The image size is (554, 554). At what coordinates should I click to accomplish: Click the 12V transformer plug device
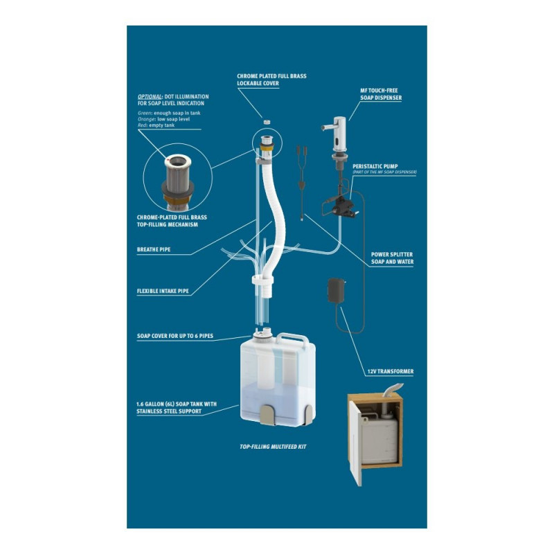pyautogui.click(x=336, y=290)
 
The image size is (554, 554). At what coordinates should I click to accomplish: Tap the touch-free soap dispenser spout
pyautogui.click(x=328, y=127)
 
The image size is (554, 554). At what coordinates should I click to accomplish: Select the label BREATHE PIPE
pyautogui.click(x=154, y=249)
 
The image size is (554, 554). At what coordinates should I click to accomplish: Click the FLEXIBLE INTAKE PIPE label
pyautogui.click(x=163, y=291)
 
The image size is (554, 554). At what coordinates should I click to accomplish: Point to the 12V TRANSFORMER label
pyautogui.click(x=391, y=371)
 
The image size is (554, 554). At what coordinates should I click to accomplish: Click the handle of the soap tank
pyautogui.click(x=292, y=338)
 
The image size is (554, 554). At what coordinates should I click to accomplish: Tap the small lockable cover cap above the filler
pyautogui.click(x=267, y=122)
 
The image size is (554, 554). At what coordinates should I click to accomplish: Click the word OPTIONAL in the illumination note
pyautogui.click(x=150, y=96)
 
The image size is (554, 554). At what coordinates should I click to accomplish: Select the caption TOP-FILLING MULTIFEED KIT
pyautogui.click(x=273, y=447)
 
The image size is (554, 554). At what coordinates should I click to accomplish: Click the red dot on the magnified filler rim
pyautogui.click(x=166, y=160)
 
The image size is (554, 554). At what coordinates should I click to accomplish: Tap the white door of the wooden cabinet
pyautogui.click(x=355, y=445)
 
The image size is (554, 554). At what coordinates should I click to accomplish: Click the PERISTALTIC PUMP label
pyautogui.click(x=375, y=166)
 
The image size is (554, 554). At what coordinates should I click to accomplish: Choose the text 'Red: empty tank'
pyautogui.click(x=156, y=125)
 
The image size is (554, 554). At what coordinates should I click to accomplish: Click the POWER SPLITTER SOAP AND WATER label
pyautogui.click(x=392, y=258)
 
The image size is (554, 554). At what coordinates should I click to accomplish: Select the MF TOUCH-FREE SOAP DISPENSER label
pyautogui.click(x=381, y=94)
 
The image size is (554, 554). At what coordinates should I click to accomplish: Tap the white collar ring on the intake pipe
pyautogui.click(x=263, y=281)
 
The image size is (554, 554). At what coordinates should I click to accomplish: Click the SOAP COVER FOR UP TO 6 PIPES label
pyautogui.click(x=175, y=336)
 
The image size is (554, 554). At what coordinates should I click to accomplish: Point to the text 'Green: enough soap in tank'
pyautogui.click(x=169, y=113)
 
